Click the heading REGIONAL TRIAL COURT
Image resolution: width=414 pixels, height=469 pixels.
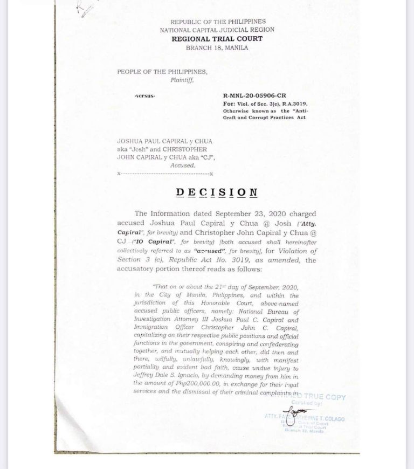(217, 39)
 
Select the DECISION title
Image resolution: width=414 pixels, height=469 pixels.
(216, 192)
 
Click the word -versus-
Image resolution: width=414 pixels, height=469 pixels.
(144, 95)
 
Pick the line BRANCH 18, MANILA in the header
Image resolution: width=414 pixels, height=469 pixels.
(217, 47)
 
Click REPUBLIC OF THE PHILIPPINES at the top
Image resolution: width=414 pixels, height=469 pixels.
(217, 22)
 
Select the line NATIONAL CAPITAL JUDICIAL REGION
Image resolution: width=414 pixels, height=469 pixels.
(217, 30)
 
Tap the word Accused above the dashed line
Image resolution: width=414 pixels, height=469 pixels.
(182, 165)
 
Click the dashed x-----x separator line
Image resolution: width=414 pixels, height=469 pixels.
(165, 174)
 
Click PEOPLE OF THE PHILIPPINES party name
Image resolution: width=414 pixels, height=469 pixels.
(162, 72)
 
